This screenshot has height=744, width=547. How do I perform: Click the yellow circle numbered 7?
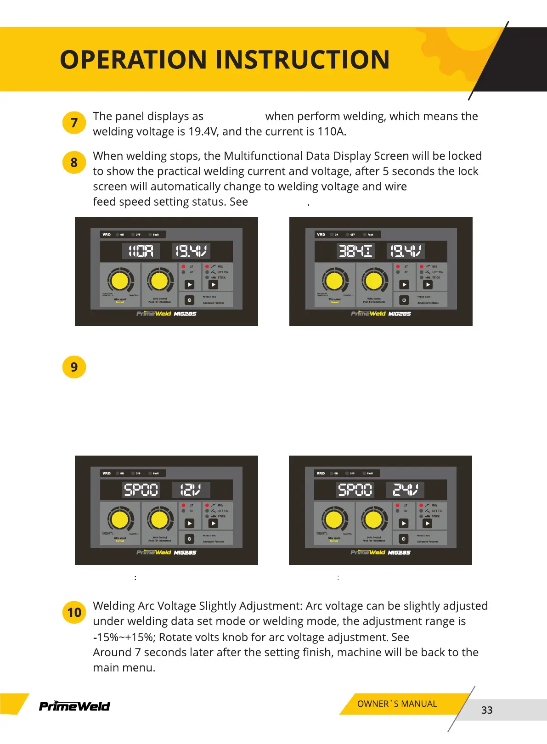(74, 123)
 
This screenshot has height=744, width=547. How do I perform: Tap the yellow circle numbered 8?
(74, 163)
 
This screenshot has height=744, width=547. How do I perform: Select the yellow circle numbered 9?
(74, 367)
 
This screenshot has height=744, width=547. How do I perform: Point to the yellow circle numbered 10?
(74, 613)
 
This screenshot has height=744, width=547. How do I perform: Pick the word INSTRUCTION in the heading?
(302, 60)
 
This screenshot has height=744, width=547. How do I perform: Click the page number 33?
(487, 710)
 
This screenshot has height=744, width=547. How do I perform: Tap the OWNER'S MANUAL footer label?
(397, 704)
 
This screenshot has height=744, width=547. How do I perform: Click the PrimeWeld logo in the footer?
(74, 706)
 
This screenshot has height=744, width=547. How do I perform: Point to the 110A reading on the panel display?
(141, 251)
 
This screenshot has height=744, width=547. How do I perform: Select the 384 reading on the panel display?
(355, 251)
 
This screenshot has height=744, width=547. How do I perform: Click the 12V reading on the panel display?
(191, 490)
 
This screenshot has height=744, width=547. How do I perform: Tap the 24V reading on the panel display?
(405, 490)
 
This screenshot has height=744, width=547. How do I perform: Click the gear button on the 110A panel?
(189, 300)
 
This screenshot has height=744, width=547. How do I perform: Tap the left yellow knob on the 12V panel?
(120, 519)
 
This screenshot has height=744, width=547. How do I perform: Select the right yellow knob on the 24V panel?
(373, 519)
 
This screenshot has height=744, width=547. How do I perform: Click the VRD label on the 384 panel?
(321, 235)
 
